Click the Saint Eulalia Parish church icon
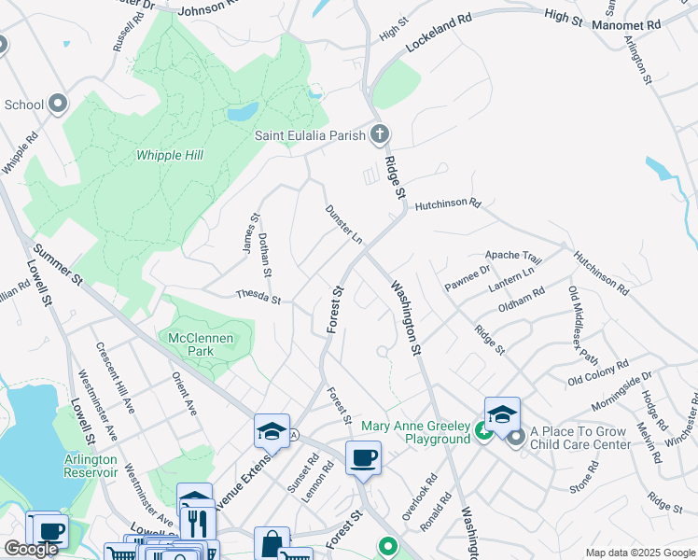click(379, 134)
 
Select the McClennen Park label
click(191, 344)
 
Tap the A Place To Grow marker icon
click(515, 438)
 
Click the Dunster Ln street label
click(343, 224)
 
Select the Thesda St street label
click(258, 299)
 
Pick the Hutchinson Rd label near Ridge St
click(447, 203)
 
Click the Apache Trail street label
click(512, 256)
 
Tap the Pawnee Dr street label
click(468, 278)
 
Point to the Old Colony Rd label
click(598, 372)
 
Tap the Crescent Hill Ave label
click(116, 379)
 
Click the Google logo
click(30, 550)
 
